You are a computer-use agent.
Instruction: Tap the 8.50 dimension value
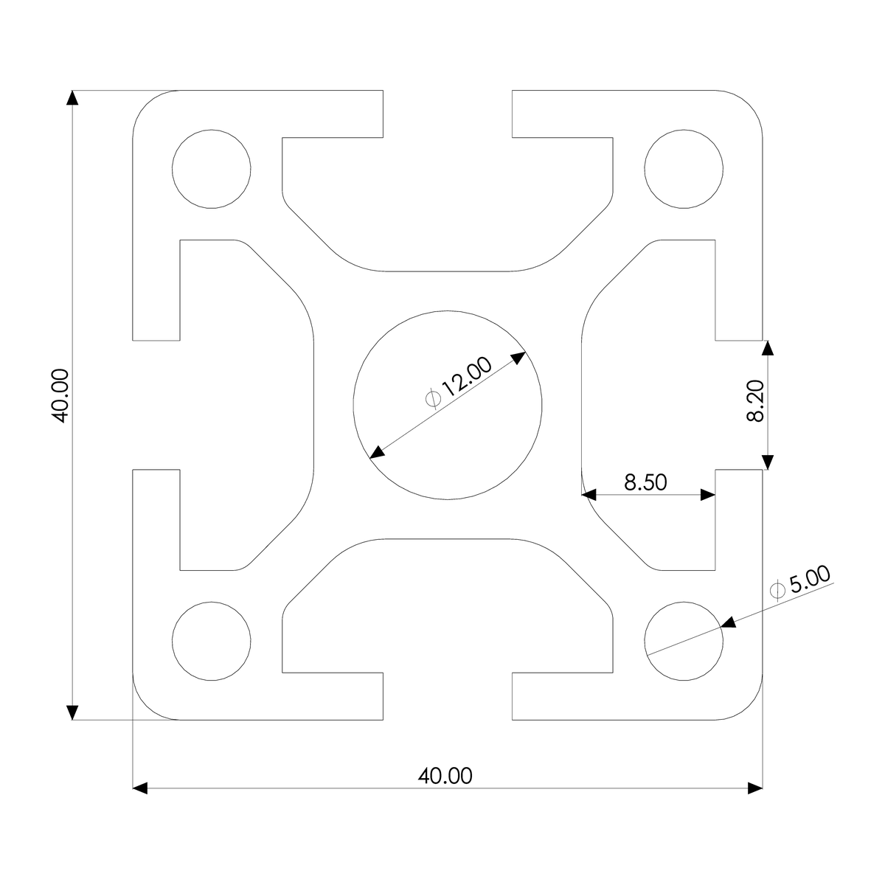(645, 482)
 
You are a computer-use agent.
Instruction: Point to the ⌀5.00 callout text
(799, 583)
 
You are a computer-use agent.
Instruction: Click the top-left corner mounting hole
(211, 168)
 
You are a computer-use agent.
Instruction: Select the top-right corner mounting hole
(684, 168)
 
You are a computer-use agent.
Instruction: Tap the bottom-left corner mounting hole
(211, 640)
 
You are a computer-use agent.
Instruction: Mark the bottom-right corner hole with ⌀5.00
(684, 640)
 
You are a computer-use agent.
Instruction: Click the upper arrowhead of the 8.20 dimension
(768, 348)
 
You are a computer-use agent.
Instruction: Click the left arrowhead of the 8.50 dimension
(590, 495)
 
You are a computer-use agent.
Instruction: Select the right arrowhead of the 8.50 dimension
(708, 495)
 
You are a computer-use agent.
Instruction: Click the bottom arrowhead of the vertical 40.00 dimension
(72, 712)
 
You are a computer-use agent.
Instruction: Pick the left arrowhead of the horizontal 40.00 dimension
(141, 788)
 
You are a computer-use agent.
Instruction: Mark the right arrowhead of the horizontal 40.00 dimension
(754, 788)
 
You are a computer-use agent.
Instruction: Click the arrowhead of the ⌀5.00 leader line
(729, 625)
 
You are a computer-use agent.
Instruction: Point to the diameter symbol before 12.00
(434, 399)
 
